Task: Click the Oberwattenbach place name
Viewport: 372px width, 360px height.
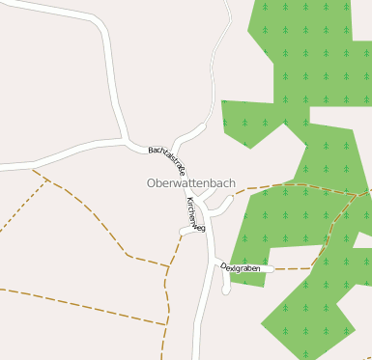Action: [x=190, y=182]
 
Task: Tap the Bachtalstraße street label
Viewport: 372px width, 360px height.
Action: [x=167, y=158]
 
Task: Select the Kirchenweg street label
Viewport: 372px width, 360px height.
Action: [x=196, y=213]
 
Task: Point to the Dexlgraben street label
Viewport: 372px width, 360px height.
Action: [x=241, y=267]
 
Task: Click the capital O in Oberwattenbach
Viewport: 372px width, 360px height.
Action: [x=152, y=182]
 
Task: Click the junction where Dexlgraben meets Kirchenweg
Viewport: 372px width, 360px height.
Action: [x=214, y=263]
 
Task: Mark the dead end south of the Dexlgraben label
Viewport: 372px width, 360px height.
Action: [x=226, y=289]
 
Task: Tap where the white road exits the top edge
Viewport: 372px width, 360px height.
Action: [x=228, y=2]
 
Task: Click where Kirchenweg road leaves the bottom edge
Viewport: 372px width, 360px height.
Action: [x=197, y=357]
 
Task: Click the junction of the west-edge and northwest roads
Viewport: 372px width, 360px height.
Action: [x=126, y=142]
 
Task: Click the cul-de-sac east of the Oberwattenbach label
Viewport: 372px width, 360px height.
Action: [x=231, y=199]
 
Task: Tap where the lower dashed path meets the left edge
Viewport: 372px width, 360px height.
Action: [x=1, y=288]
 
